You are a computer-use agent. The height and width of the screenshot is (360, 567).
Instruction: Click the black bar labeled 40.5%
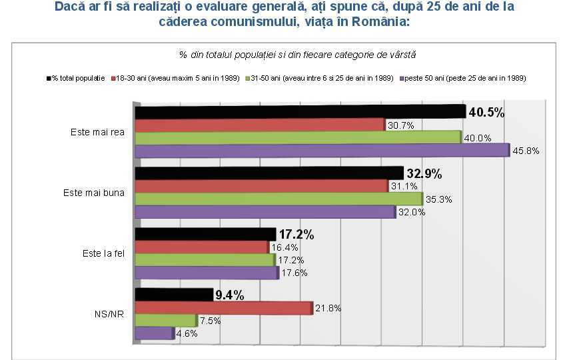click(x=300, y=112)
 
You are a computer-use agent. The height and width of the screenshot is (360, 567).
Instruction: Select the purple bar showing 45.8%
click(x=322, y=151)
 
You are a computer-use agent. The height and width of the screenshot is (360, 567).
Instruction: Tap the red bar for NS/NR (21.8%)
click(x=224, y=308)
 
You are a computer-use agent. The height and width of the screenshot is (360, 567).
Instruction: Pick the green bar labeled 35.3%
click(x=279, y=199)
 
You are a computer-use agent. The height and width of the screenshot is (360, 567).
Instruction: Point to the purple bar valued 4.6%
click(x=154, y=333)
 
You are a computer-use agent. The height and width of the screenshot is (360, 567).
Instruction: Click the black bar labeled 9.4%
click(x=174, y=295)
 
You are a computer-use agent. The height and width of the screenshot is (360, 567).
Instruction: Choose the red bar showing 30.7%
click(x=260, y=125)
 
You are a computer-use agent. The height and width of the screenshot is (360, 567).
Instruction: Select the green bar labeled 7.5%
click(x=166, y=321)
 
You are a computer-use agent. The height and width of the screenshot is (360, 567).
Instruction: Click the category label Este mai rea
click(x=98, y=132)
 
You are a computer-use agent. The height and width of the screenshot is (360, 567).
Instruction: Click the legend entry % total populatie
click(x=76, y=79)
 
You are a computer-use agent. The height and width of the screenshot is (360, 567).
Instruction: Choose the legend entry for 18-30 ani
click(x=176, y=79)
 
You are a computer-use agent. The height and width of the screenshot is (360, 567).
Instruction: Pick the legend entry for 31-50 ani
click(x=320, y=79)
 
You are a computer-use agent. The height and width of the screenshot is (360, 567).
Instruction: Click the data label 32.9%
click(x=424, y=173)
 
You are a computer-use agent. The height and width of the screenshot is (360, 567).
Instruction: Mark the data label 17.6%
click(x=293, y=273)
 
